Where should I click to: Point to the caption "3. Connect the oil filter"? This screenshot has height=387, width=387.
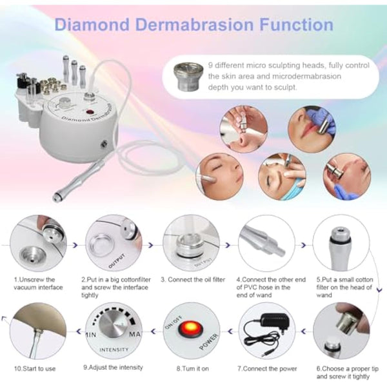coord(192,279)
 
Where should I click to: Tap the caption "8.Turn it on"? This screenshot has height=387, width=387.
coord(192,368)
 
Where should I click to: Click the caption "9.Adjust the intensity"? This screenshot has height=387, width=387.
coord(114,368)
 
